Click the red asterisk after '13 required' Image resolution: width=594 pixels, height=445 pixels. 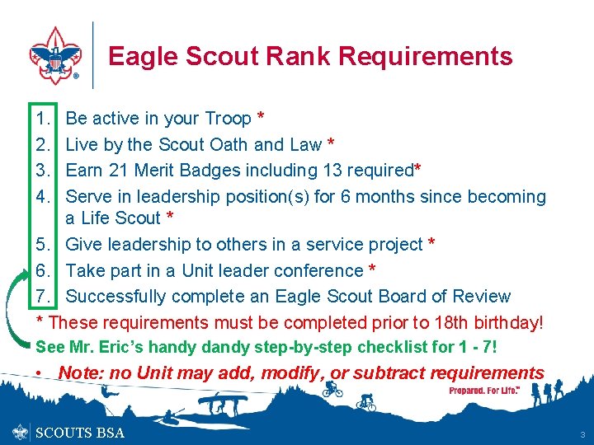point(417,170)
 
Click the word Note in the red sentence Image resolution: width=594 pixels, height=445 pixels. point(81,373)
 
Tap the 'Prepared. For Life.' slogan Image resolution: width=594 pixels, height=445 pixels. point(484,390)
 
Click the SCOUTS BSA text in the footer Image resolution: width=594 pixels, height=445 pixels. point(80,433)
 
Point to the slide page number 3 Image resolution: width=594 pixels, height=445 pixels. point(582,433)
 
